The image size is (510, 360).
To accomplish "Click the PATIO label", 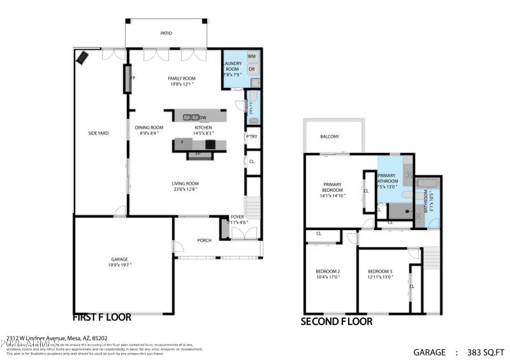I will pos(165,33).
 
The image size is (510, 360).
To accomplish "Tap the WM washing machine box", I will pos(252,57).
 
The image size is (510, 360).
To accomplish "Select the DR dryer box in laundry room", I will pos(252,69).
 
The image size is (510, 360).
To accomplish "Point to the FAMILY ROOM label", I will pos(182,78).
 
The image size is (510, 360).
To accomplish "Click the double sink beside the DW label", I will pos(190,117).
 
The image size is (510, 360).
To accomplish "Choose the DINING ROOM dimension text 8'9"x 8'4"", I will pos(152,133).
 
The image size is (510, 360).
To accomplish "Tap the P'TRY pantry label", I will pos(252,137).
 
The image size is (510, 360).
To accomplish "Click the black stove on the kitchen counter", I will pos(210,145).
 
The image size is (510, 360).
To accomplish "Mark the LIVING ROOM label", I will pos(186,184).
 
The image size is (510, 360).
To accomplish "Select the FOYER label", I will pos(237,217).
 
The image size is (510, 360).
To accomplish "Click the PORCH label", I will pos(204,240).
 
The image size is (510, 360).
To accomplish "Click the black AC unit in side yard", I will pos(83,58).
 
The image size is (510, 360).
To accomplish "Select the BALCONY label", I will pos(330,136).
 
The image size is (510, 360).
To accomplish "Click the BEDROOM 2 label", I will pos(328,271).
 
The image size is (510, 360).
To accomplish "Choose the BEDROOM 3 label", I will pos(380,271).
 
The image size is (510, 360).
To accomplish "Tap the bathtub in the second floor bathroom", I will pos(426,184).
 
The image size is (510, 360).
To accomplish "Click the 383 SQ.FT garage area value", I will pos(485,352).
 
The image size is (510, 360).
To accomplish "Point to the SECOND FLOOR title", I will pos(336,322).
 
